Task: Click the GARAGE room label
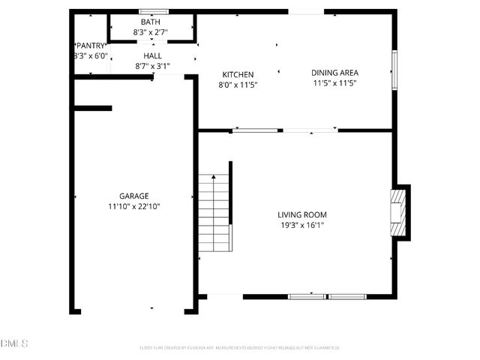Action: [133, 196]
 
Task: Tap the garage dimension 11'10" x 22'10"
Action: [133, 206]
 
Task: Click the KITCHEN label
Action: [238, 74]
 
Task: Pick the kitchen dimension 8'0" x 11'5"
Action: [238, 85]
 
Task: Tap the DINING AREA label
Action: [334, 73]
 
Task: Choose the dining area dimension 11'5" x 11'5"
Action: [334, 83]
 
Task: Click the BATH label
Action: [150, 22]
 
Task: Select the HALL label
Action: [152, 55]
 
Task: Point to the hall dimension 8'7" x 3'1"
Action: [152, 66]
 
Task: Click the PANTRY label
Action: [91, 46]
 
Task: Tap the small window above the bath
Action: [153, 11]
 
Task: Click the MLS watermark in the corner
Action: [13, 343]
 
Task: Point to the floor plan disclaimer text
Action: [240, 347]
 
